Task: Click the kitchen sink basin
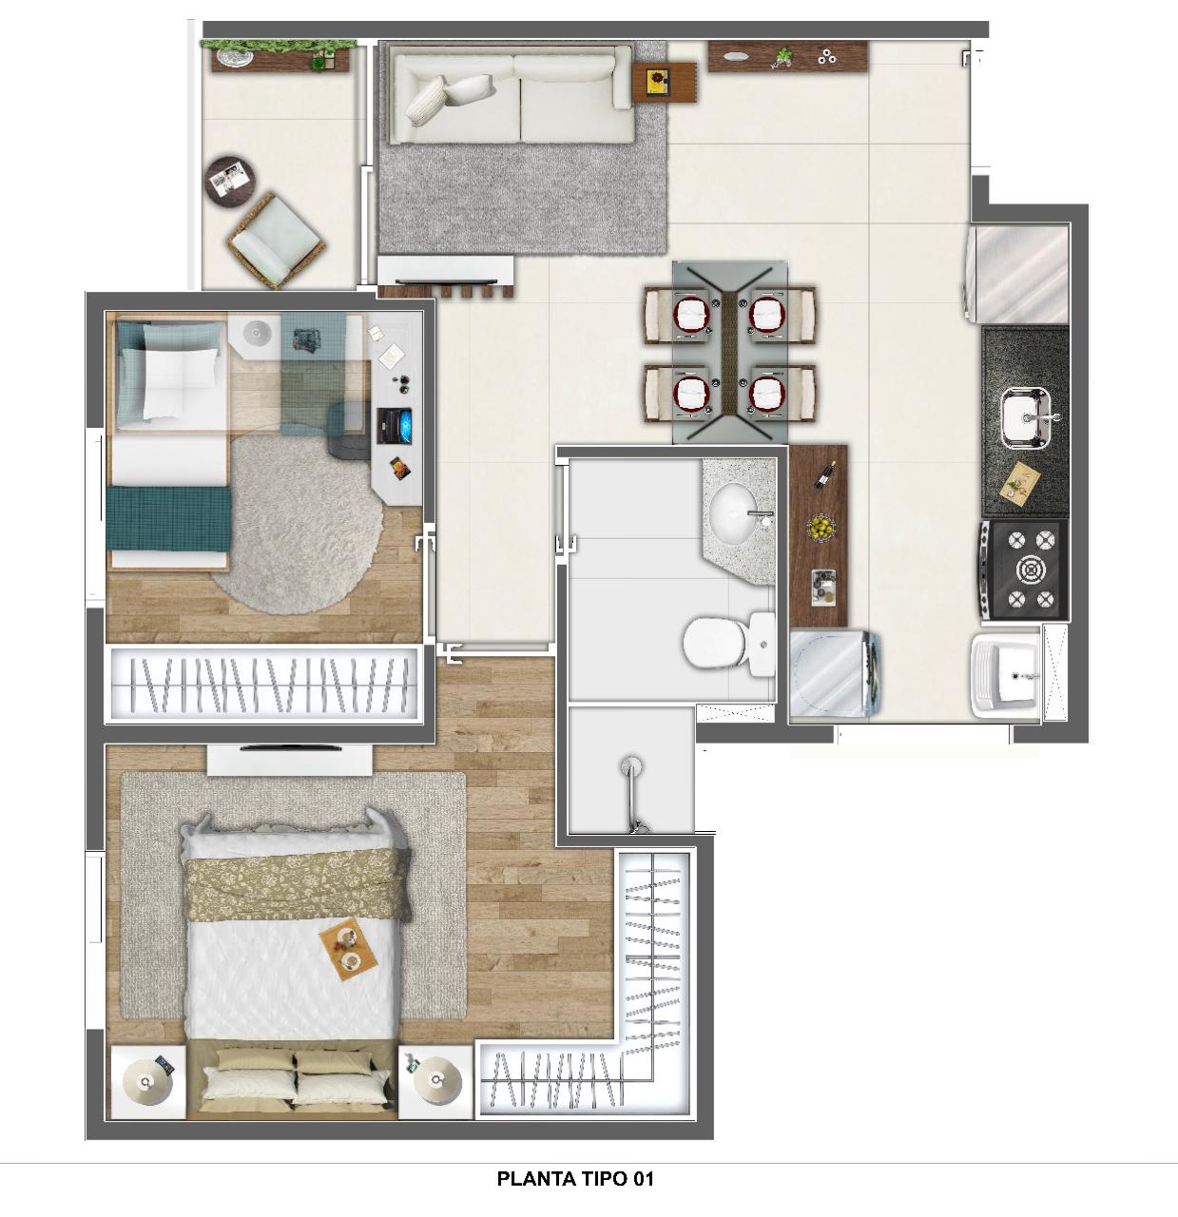coord(1027,416)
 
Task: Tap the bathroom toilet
coord(729,644)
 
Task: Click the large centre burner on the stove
coord(1030,570)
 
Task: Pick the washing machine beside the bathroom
coord(834,676)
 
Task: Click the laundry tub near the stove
coord(1005,675)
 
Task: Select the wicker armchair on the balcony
coord(276,240)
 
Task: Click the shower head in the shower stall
coord(631,766)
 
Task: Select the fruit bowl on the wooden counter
coord(821,527)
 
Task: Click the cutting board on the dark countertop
coord(1020,480)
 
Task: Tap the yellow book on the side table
coord(657,83)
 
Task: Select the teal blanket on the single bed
coord(169,519)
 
